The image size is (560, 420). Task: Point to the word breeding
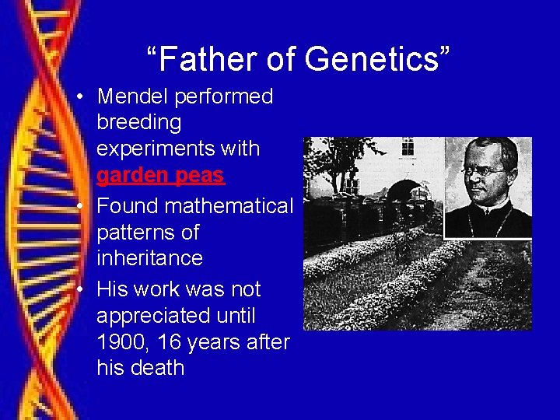pos(138,123)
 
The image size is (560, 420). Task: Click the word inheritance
pos(149,257)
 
